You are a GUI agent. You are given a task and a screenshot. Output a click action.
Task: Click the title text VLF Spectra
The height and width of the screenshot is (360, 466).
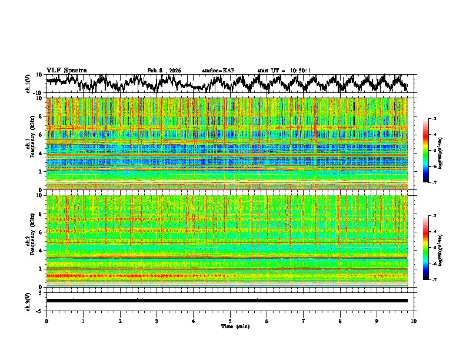(66, 70)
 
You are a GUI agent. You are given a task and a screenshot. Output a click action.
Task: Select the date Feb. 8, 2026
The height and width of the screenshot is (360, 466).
(164, 71)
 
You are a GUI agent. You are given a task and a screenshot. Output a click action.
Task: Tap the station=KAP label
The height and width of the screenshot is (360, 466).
(218, 71)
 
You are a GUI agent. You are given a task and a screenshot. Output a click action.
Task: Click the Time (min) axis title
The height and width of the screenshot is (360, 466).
(234, 326)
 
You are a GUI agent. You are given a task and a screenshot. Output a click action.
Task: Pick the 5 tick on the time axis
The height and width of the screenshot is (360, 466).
(230, 321)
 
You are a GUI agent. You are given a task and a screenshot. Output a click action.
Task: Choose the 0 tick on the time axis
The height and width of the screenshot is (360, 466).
(46, 321)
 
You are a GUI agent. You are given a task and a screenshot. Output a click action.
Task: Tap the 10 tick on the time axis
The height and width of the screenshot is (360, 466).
(414, 321)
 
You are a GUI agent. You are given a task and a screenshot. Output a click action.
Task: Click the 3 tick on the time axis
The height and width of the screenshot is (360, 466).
(157, 321)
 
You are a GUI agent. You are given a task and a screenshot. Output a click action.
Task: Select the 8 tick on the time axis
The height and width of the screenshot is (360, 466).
(340, 321)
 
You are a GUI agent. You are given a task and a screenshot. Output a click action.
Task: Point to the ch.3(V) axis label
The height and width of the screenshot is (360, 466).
(28, 301)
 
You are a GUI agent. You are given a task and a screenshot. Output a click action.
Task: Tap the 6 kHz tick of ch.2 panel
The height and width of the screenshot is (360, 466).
(41, 232)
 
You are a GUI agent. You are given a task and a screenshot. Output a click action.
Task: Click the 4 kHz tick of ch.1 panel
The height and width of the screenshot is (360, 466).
(41, 154)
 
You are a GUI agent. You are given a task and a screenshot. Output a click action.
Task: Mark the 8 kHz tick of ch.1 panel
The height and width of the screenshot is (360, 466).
(41, 116)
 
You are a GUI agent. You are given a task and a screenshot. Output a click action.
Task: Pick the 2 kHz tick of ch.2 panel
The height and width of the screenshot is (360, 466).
(41, 269)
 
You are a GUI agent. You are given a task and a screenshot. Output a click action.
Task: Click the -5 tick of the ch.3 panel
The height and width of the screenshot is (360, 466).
(39, 310)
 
